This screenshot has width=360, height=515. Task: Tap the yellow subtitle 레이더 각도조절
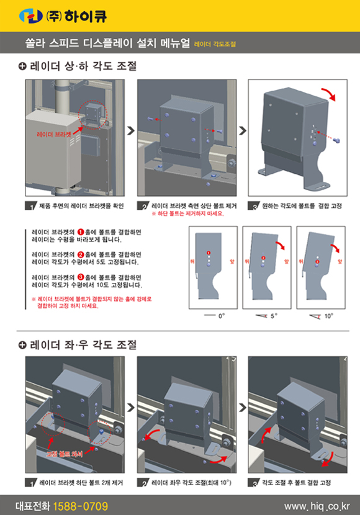215,45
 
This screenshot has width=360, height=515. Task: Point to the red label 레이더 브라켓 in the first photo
54,133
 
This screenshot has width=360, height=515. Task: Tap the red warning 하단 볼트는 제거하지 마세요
189,213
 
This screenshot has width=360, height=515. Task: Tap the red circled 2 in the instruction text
80,254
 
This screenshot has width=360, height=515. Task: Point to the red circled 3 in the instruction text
80,276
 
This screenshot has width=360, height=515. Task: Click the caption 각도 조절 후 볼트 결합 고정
297,482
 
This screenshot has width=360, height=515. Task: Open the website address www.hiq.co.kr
317,506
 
